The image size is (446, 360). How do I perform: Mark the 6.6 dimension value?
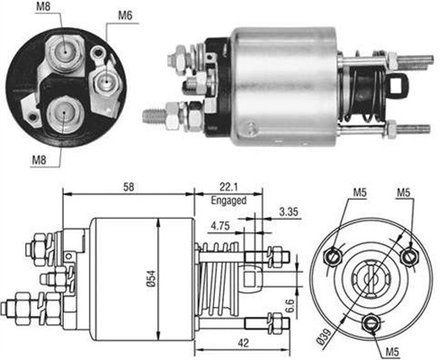click(289, 310)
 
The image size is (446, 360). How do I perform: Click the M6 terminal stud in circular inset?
click(107, 80)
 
